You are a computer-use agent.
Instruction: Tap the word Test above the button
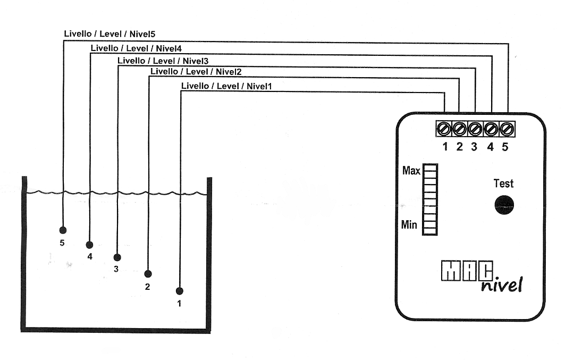(503, 183)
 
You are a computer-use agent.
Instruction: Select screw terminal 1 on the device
(444, 129)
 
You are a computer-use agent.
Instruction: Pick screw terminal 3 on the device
(475, 129)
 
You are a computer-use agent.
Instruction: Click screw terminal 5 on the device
(507, 129)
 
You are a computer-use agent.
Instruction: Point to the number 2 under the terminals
(459, 147)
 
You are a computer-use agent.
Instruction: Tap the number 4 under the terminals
(491, 147)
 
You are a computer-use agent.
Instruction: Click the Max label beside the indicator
(411, 171)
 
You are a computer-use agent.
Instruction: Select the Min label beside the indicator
(409, 224)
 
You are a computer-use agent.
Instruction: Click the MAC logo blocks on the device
(461, 271)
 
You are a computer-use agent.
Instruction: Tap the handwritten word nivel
(502, 285)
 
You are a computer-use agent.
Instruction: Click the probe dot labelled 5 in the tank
(63, 230)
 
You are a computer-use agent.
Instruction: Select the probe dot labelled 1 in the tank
(180, 291)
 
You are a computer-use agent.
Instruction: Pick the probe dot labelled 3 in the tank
(117, 257)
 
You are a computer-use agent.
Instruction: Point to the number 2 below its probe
(147, 287)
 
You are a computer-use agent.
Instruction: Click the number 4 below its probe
(90, 257)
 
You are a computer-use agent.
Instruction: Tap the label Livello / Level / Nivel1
(226, 86)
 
